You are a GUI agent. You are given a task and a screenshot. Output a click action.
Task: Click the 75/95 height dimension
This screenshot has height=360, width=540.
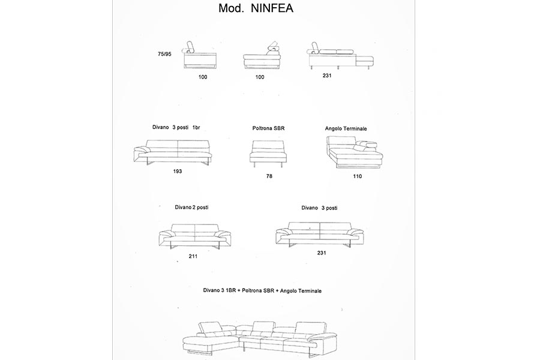click(x=164, y=54)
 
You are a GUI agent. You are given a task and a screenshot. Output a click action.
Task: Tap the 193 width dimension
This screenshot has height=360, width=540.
click(x=177, y=171)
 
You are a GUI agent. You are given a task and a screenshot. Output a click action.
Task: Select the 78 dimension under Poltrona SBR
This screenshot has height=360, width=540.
click(x=269, y=176)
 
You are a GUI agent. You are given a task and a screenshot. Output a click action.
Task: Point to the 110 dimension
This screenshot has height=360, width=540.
click(x=358, y=176)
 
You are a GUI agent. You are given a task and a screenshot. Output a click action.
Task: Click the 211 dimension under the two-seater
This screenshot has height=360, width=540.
click(x=193, y=256)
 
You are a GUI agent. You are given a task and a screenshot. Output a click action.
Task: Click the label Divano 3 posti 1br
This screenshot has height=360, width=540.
click(x=176, y=128)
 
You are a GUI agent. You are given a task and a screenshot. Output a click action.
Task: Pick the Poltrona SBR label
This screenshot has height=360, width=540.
click(x=268, y=128)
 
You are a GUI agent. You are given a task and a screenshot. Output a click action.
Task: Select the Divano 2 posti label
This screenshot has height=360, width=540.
click(x=192, y=207)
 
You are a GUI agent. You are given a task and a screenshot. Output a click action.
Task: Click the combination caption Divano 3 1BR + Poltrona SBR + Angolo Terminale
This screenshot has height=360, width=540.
click(x=262, y=290)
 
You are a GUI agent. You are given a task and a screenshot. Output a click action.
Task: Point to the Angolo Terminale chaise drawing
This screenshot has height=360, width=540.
click(x=354, y=153)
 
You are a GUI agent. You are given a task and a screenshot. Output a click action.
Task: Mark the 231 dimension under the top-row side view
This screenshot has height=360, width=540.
click(x=326, y=76)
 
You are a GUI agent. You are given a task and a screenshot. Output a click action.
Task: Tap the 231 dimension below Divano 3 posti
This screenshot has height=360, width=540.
click(x=322, y=253)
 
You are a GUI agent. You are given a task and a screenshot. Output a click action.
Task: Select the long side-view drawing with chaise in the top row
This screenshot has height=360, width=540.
click(x=340, y=57)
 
